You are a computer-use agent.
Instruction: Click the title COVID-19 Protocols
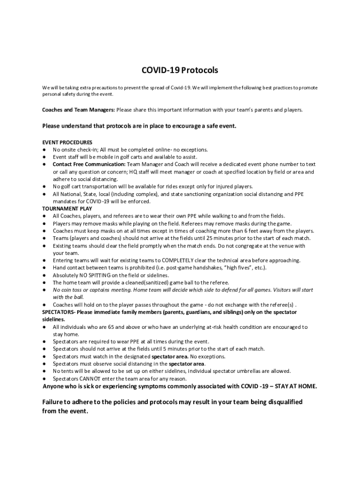(180, 71)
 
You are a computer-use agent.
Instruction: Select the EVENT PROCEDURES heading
(67, 142)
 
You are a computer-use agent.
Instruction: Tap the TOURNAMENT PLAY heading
(67, 209)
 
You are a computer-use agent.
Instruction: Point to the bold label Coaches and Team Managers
(79, 110)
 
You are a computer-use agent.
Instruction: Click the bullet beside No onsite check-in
(43, 150)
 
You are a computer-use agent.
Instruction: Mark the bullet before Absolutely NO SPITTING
(43, 275)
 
